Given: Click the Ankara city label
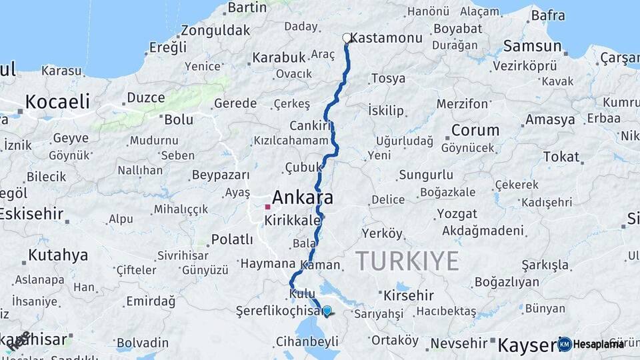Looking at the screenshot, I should [302, 198].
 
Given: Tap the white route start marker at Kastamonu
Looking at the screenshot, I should [347, 39].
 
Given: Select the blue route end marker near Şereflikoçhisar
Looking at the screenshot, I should [327, 310].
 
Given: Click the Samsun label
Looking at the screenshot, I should [532, 46].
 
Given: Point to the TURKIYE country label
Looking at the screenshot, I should [407, 261].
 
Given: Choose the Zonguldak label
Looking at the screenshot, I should [215, 30].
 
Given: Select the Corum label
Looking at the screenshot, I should [475, 130].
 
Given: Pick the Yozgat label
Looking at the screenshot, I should [457, 214].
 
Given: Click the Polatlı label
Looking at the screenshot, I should [232, 239].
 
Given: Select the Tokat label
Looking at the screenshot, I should [561, 157].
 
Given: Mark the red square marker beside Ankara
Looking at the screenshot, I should [267, 207].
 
